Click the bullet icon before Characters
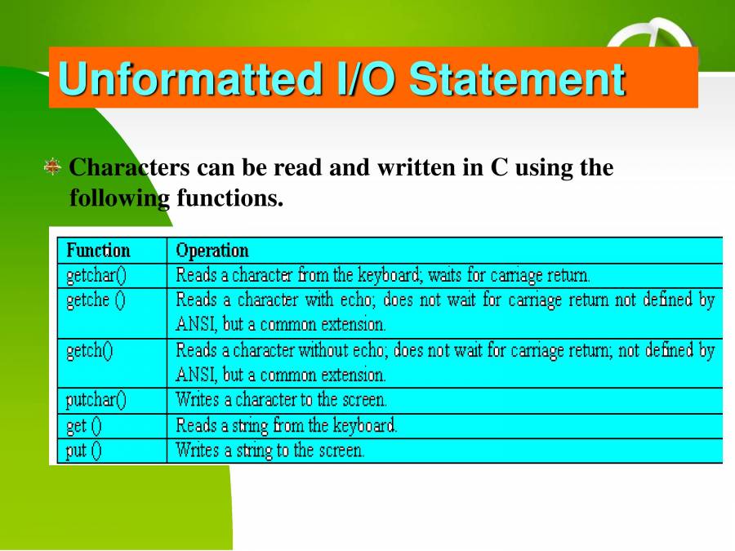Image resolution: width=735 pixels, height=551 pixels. (x=53, y=167)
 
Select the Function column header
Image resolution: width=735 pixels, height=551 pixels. (x=98, y=250)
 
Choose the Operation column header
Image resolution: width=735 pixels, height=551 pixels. (x=212, y=250)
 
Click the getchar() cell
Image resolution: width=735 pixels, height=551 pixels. (x=96, y=275)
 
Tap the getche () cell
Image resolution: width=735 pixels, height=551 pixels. (x=96, y=300)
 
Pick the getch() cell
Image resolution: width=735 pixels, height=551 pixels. (x=90, y=351)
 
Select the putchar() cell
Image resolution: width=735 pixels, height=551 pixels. (x=96, y=400)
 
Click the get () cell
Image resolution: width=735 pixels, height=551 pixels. (x=84, y=425)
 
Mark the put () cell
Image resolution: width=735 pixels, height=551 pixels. (x=84, y=451)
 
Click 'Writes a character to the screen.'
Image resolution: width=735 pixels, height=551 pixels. (x=282, y=400)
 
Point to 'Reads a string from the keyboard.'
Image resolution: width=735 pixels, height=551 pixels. (x=287, y=425)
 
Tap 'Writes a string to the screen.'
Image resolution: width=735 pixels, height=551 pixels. (x=270, y=451)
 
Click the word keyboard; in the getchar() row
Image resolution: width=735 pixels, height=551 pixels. (x=390, y=275)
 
